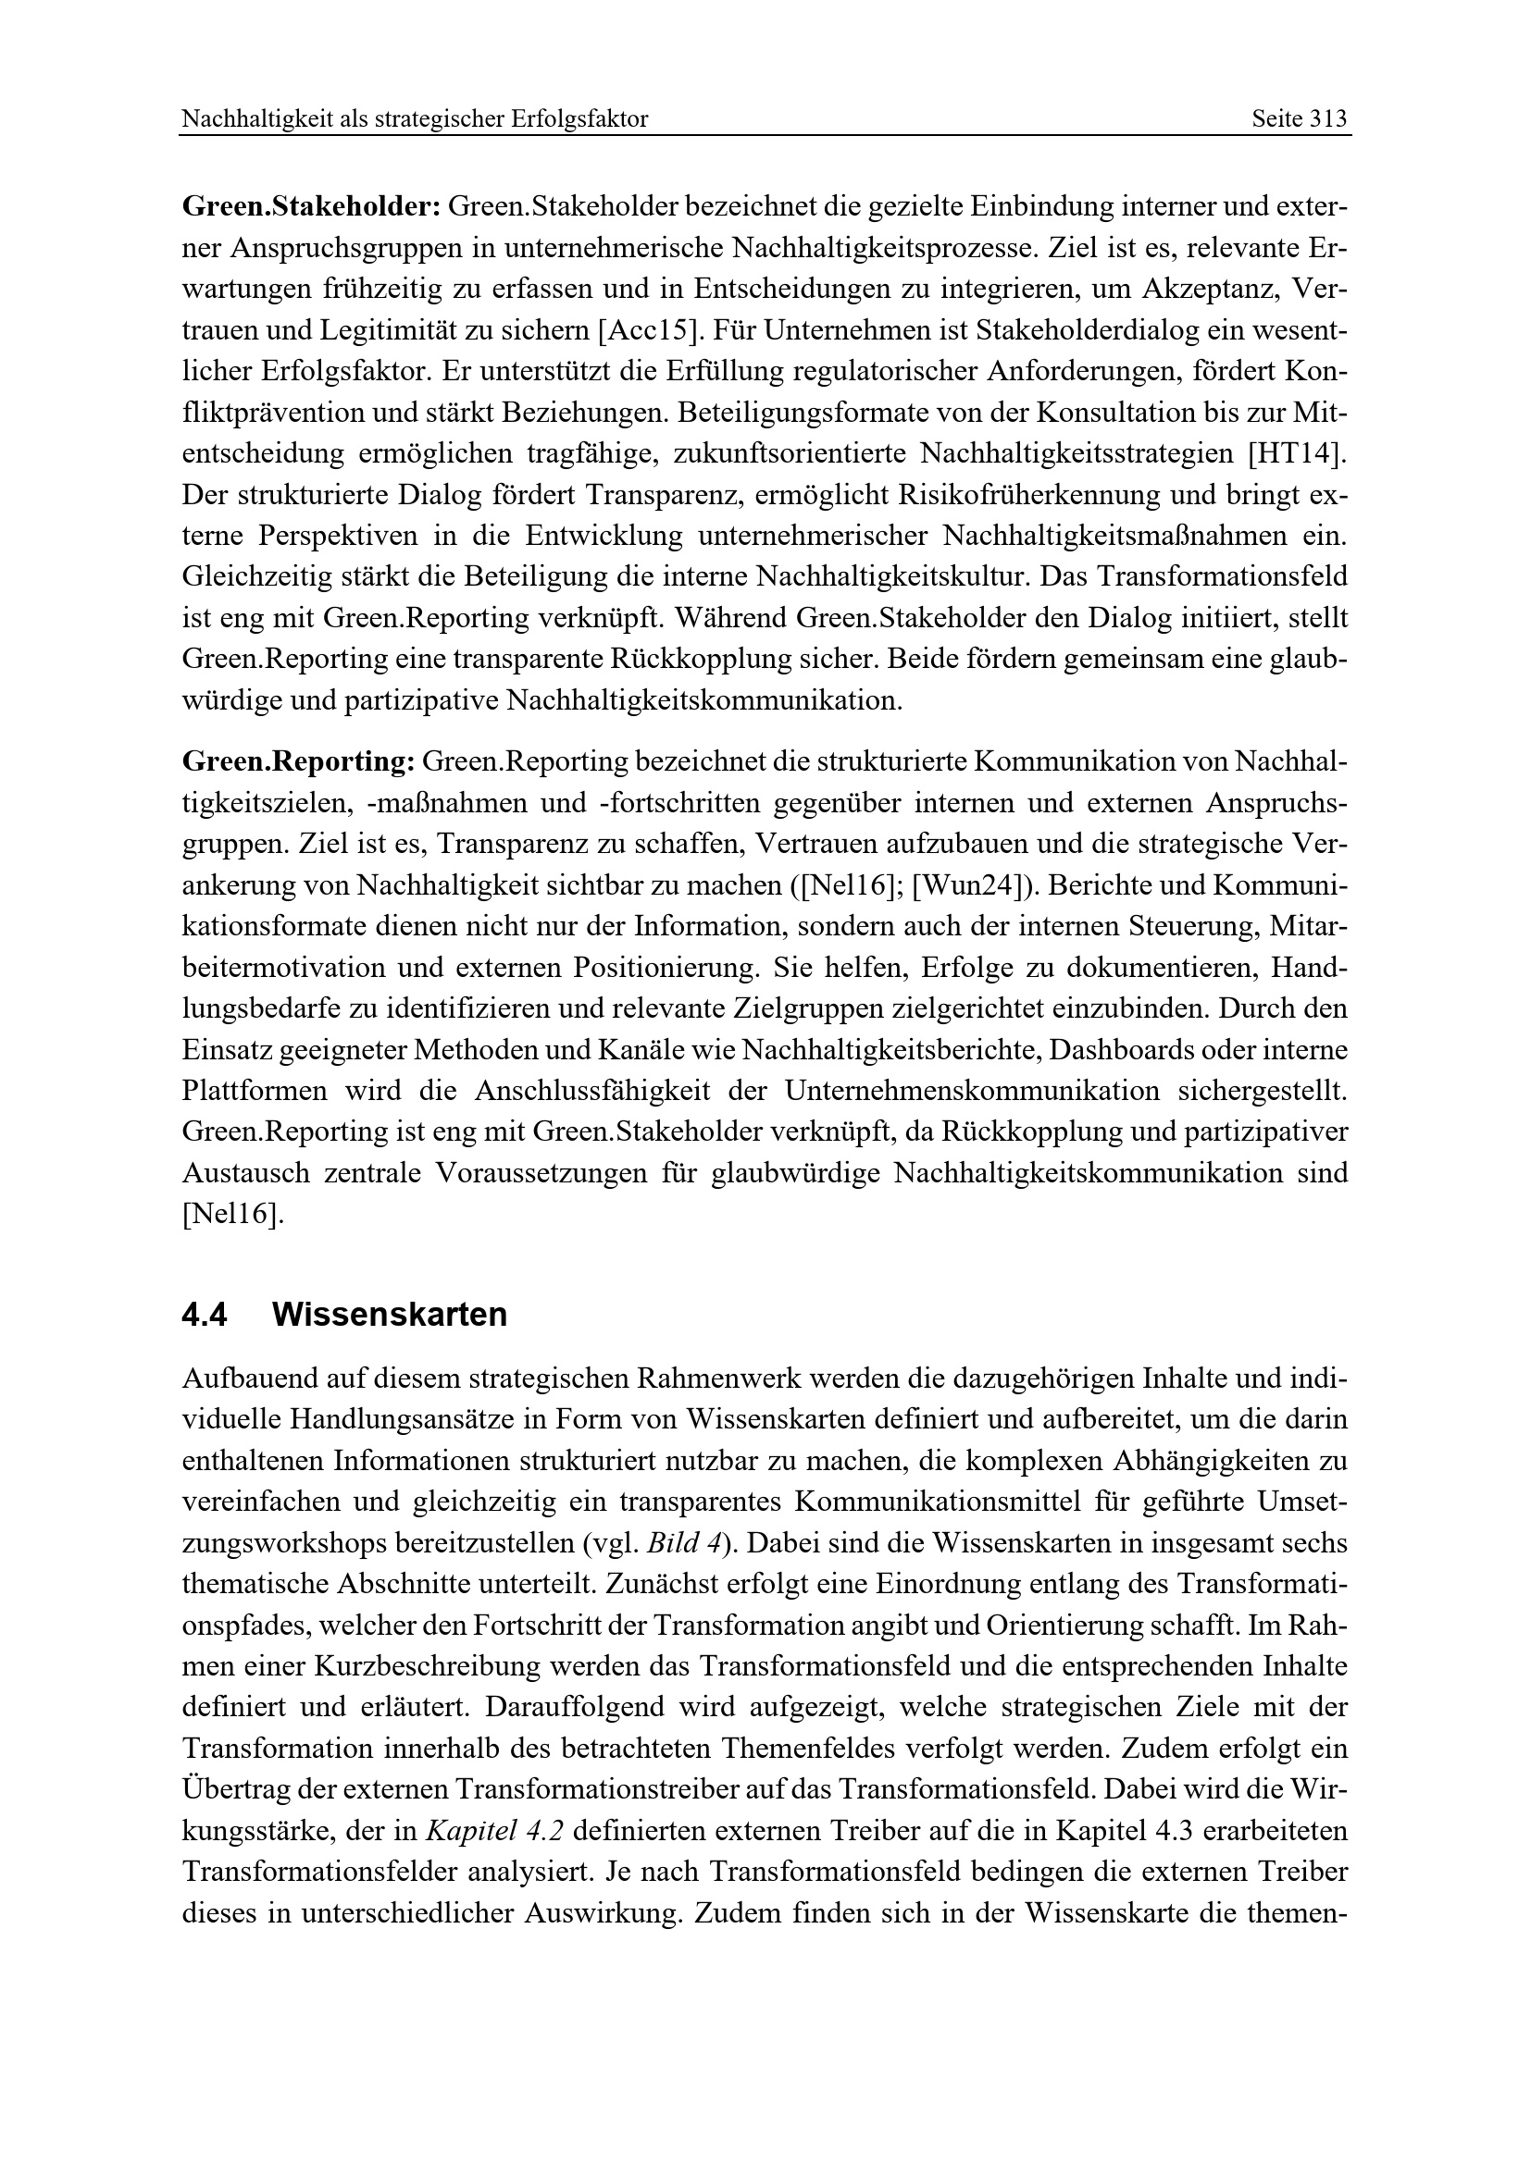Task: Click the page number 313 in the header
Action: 1328,119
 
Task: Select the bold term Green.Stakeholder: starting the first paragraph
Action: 311,205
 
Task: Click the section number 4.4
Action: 205,1315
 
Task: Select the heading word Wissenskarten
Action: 390,1315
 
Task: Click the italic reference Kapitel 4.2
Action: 495,1831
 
